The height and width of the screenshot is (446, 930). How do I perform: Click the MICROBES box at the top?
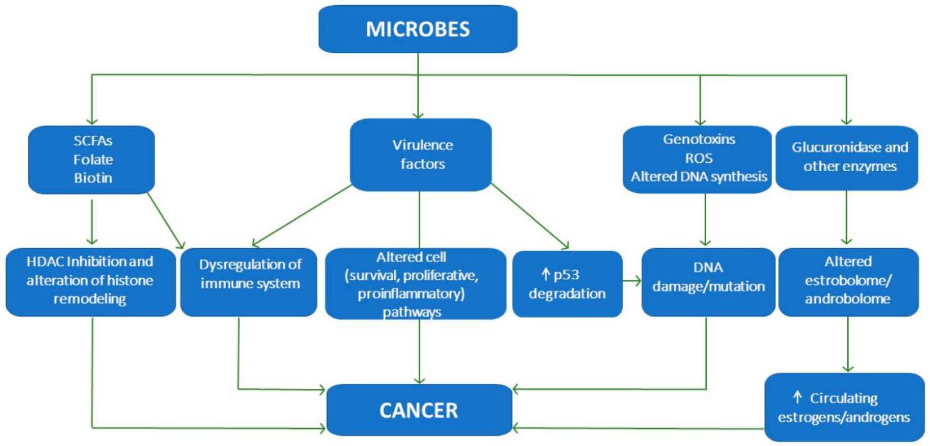coord(418,29)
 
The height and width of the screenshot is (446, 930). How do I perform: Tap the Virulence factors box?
coord(421,154)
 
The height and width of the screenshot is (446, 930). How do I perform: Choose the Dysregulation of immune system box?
coord(248,282)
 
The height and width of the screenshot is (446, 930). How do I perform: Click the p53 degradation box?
coord(567,284)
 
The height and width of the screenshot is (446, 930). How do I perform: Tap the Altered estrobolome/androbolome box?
coord(849,282)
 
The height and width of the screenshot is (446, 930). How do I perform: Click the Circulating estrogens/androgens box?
coord(844,408)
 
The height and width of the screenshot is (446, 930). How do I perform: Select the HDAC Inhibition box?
coord(90,282)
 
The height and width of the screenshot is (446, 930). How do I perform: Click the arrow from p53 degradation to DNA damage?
coord(632,281)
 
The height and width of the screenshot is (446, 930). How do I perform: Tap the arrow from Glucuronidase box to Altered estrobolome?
coord(849,218)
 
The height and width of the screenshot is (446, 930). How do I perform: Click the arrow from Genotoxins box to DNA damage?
coord(705,218)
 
